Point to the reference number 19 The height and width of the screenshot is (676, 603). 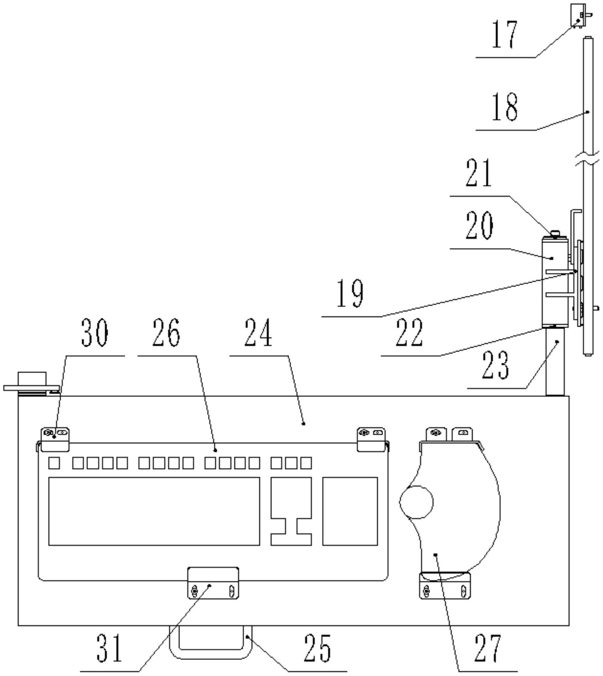click(350, 294)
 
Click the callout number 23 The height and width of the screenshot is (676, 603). click(495, 366)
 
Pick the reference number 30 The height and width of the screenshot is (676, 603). click(95, 333)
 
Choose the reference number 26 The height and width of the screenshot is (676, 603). click(166, 333)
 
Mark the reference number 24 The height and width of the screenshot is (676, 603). click(258, 333)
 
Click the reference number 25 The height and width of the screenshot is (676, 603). click(317, 648)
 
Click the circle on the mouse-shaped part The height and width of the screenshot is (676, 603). click(416, 502)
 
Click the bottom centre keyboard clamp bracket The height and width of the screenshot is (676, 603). click(213, 583)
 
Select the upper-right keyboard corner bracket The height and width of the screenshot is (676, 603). click(371, 439)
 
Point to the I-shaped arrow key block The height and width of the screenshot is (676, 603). click(291, 511)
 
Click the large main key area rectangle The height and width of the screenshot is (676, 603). click(154, 511)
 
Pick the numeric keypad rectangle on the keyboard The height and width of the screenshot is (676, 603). click(350, 511)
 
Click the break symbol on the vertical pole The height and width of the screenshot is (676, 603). click(588, 158)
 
